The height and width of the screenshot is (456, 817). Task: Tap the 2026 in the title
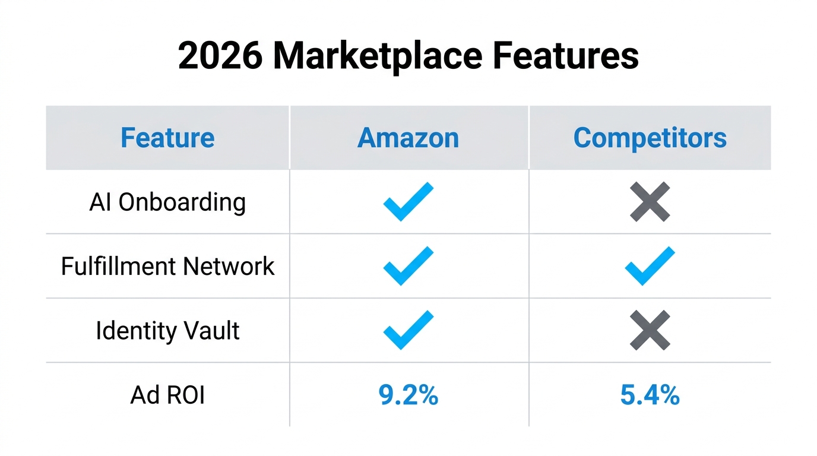[x=220, y=56]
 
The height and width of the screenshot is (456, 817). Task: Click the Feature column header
[x=167, y=138]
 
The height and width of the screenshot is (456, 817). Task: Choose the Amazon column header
[x=408, y=138]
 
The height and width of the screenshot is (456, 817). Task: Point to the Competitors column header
[x=650, y=138]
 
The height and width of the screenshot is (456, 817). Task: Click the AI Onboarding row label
[x=167, y=202]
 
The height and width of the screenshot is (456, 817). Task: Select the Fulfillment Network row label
[x=167, y=266]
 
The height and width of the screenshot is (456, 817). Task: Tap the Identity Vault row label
[x=167, y=330]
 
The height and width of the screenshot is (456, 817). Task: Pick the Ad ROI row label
[x=167, y=395]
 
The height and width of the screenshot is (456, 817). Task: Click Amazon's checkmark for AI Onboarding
[x=408, y=202]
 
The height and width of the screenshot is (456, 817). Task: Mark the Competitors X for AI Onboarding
[x=650, y=202]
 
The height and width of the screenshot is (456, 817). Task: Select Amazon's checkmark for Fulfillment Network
[x=408, y=266]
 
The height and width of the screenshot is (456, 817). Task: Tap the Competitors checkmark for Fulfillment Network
[x=650, y=266]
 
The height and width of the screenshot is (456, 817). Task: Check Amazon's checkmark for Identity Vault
[x=408, y=330]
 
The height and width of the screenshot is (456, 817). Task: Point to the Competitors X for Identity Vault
[x=650, y=330]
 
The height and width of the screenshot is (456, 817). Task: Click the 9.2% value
[x=408, y=395]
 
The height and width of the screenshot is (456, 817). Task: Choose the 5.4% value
[x=650, y=395]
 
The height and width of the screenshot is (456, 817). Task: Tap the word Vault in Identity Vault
[x=211, y=330]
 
